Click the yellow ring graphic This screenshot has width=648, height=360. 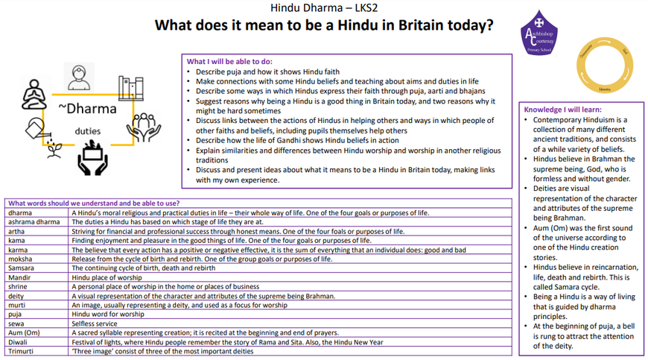click(x=604, y=66)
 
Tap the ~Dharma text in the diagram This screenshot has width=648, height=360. click(x=87, y=110)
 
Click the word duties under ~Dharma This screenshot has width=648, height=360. click(x=88, y=131)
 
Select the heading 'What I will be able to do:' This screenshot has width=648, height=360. click(x=229, y=61)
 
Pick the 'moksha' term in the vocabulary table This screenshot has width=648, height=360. click(x=20, y=259)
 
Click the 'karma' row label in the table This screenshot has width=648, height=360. click(x=19, y=250)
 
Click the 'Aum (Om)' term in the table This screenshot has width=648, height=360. click(x=25, y=332)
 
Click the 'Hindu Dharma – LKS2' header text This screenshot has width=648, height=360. click(x=323, y=8)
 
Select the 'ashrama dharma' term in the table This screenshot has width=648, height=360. click(x=34, y=222)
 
